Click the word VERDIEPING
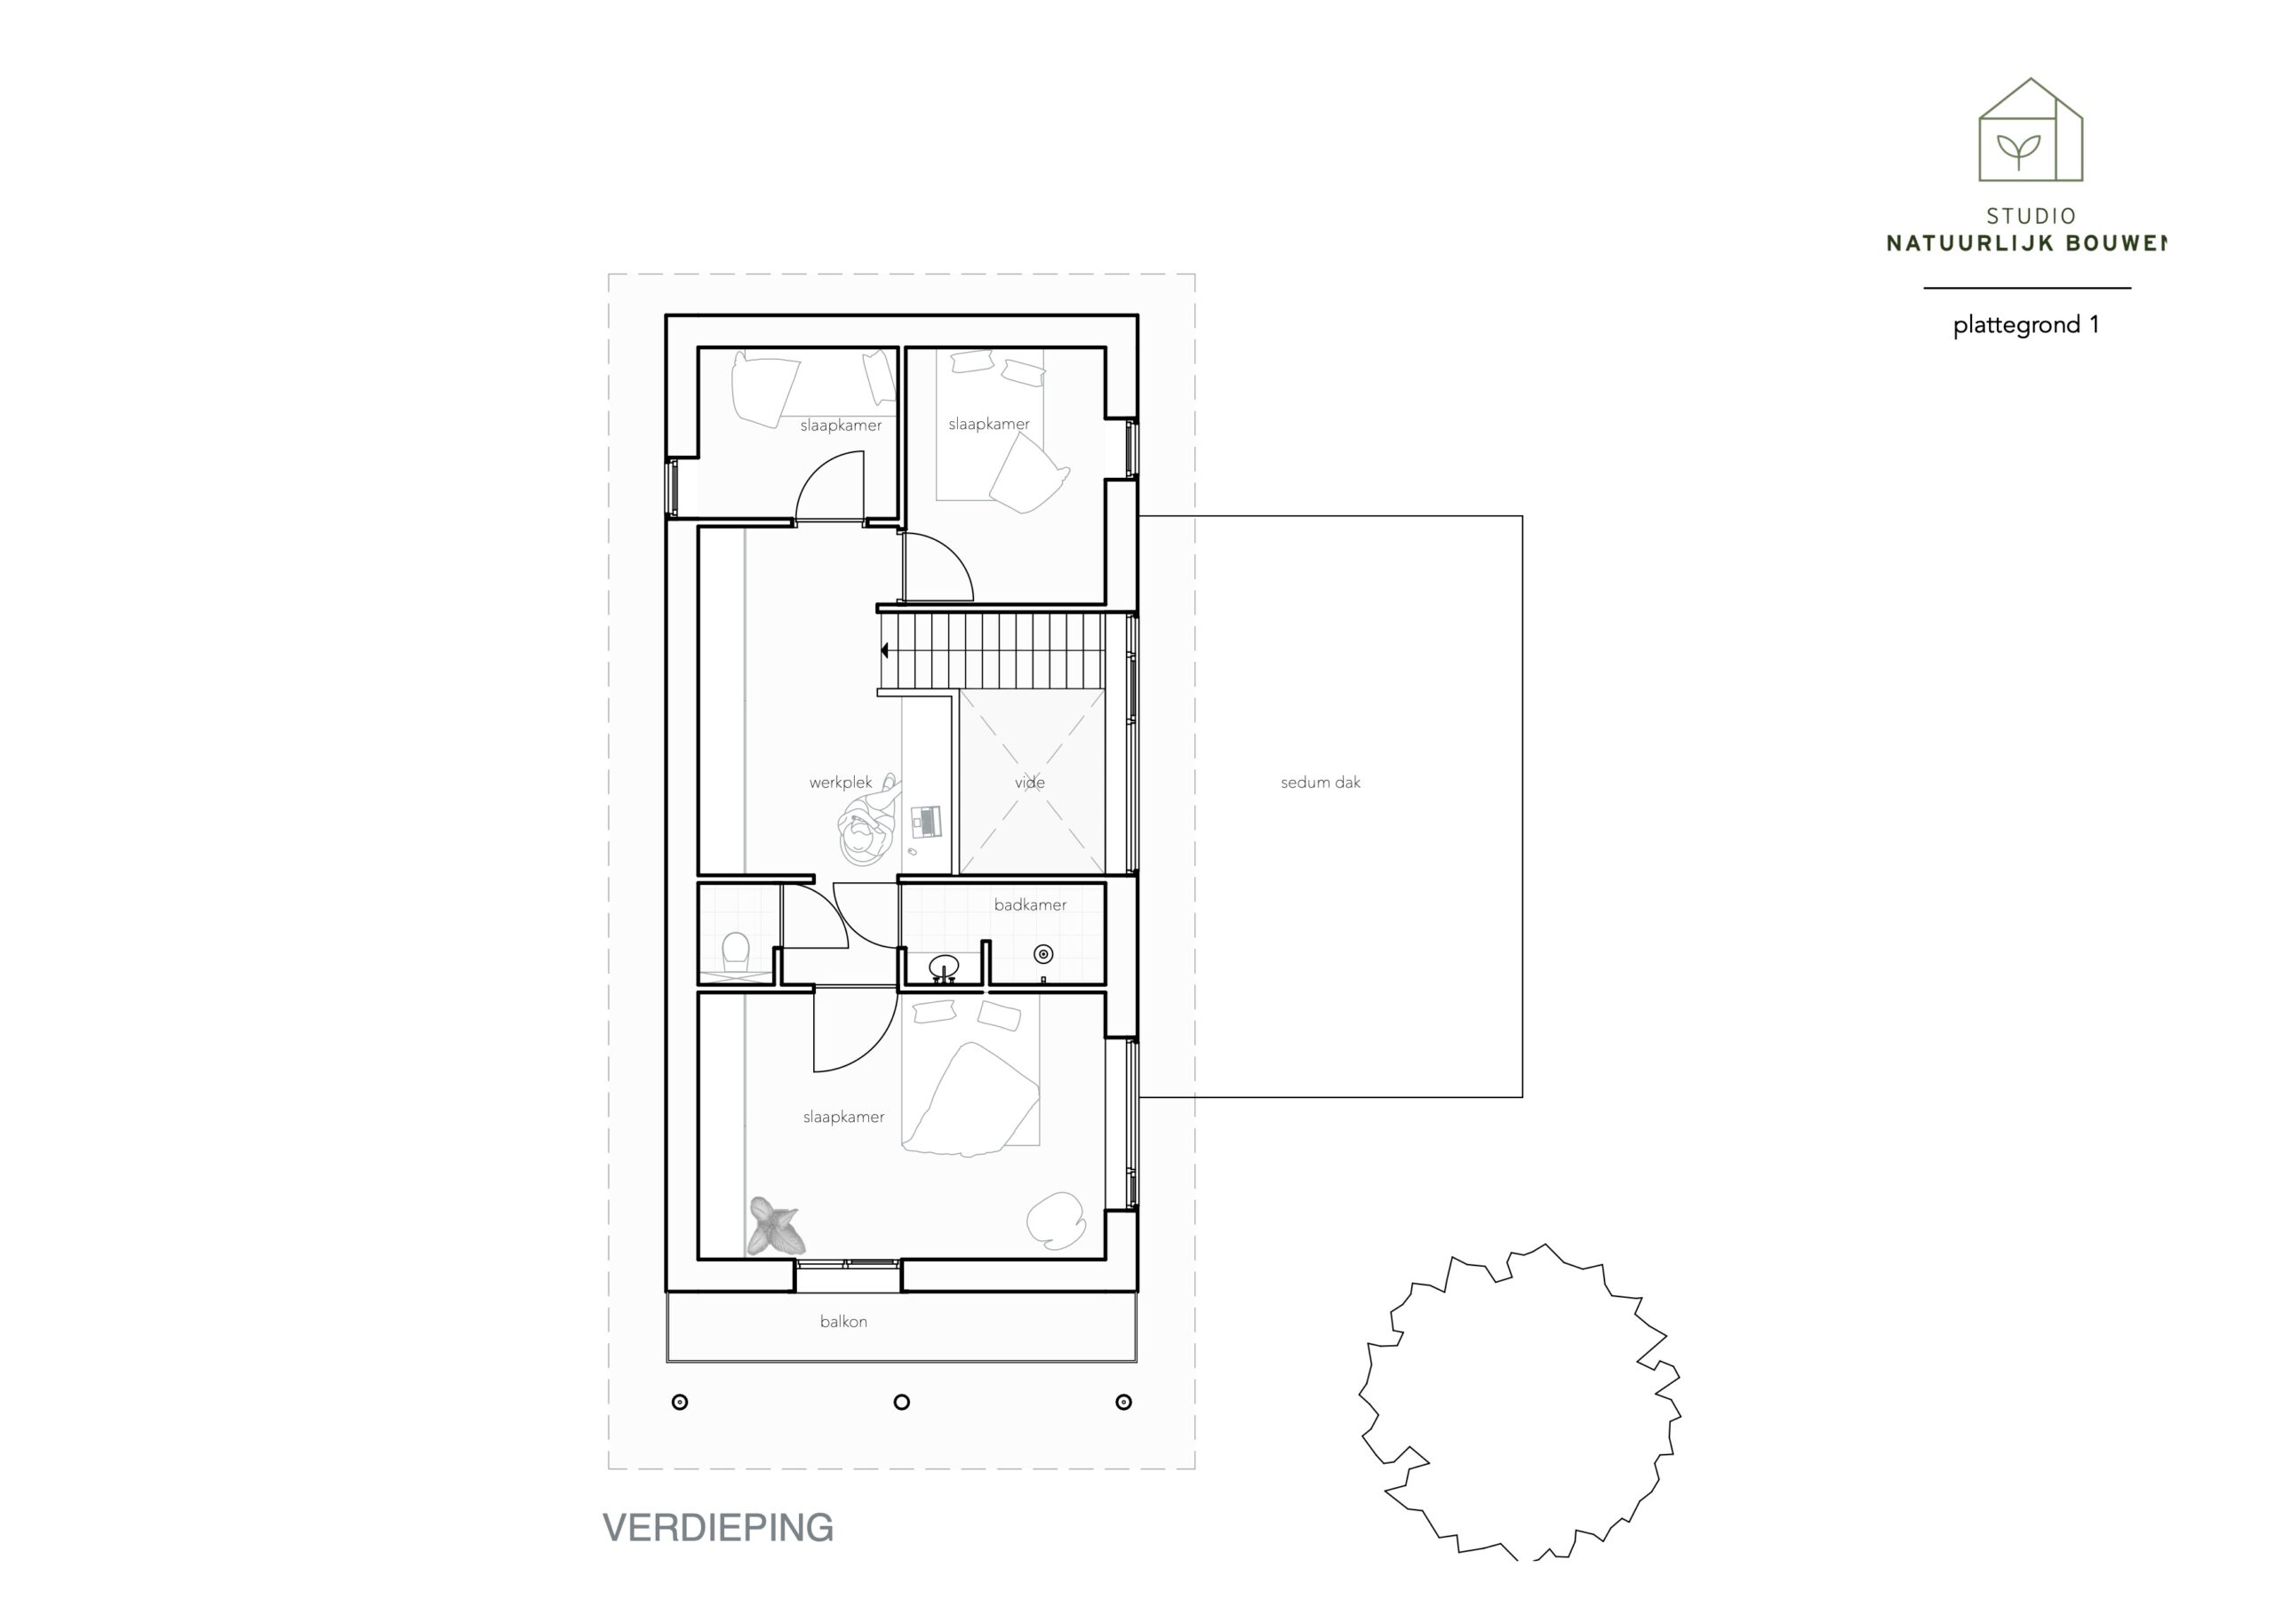[718, 1528]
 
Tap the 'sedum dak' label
[1320, 783]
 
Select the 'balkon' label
[843, 1322]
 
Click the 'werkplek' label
[841, 783]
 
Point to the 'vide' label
[1029, 783]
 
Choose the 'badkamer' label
[1031, 904]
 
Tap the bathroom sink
[943, 966]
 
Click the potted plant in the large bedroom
[774, 1227]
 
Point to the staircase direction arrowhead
[885, 651]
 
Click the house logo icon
[2031, 130]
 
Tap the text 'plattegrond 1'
[2026, 326]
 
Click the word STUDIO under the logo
[2032, 216]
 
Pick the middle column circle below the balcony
[902, 1402]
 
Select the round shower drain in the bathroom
[1043, 954]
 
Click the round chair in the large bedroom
[1057, 1220]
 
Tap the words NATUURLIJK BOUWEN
[2026, 243]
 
